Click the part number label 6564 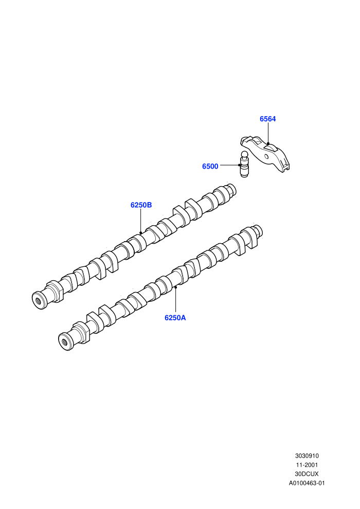click(267, 119)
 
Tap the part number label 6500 click(210, 167)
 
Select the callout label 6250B click(141, 205)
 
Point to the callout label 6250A click(175, 318)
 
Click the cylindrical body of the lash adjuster click(244, 168)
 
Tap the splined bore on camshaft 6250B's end click(39, 300)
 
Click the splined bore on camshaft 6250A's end click(65, 342)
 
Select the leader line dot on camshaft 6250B click(140, 233)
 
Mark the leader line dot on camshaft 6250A click(175, 287)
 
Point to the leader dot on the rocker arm click(268, 143)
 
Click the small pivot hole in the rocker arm click(266, 157)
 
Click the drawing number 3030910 click(307, 456)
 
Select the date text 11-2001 click(307, 465)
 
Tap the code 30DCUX click(307, 474)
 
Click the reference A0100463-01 click(307, 483)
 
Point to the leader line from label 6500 click(230, 165)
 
